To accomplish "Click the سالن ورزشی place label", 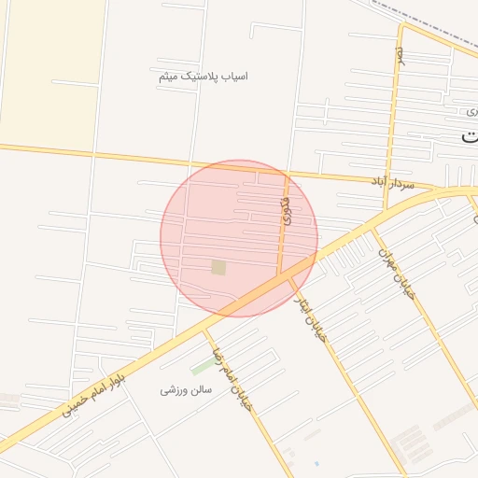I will [x=181, y=389].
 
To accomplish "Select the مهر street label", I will [x=400, y=56].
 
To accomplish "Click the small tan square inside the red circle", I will [x=218, y=268].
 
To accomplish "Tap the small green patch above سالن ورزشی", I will [x=202, y=366].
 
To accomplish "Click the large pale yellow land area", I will [x=51, y=70].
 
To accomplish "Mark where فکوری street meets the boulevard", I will [x=279, y=276].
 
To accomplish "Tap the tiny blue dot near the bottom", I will [x=316, y=463].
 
